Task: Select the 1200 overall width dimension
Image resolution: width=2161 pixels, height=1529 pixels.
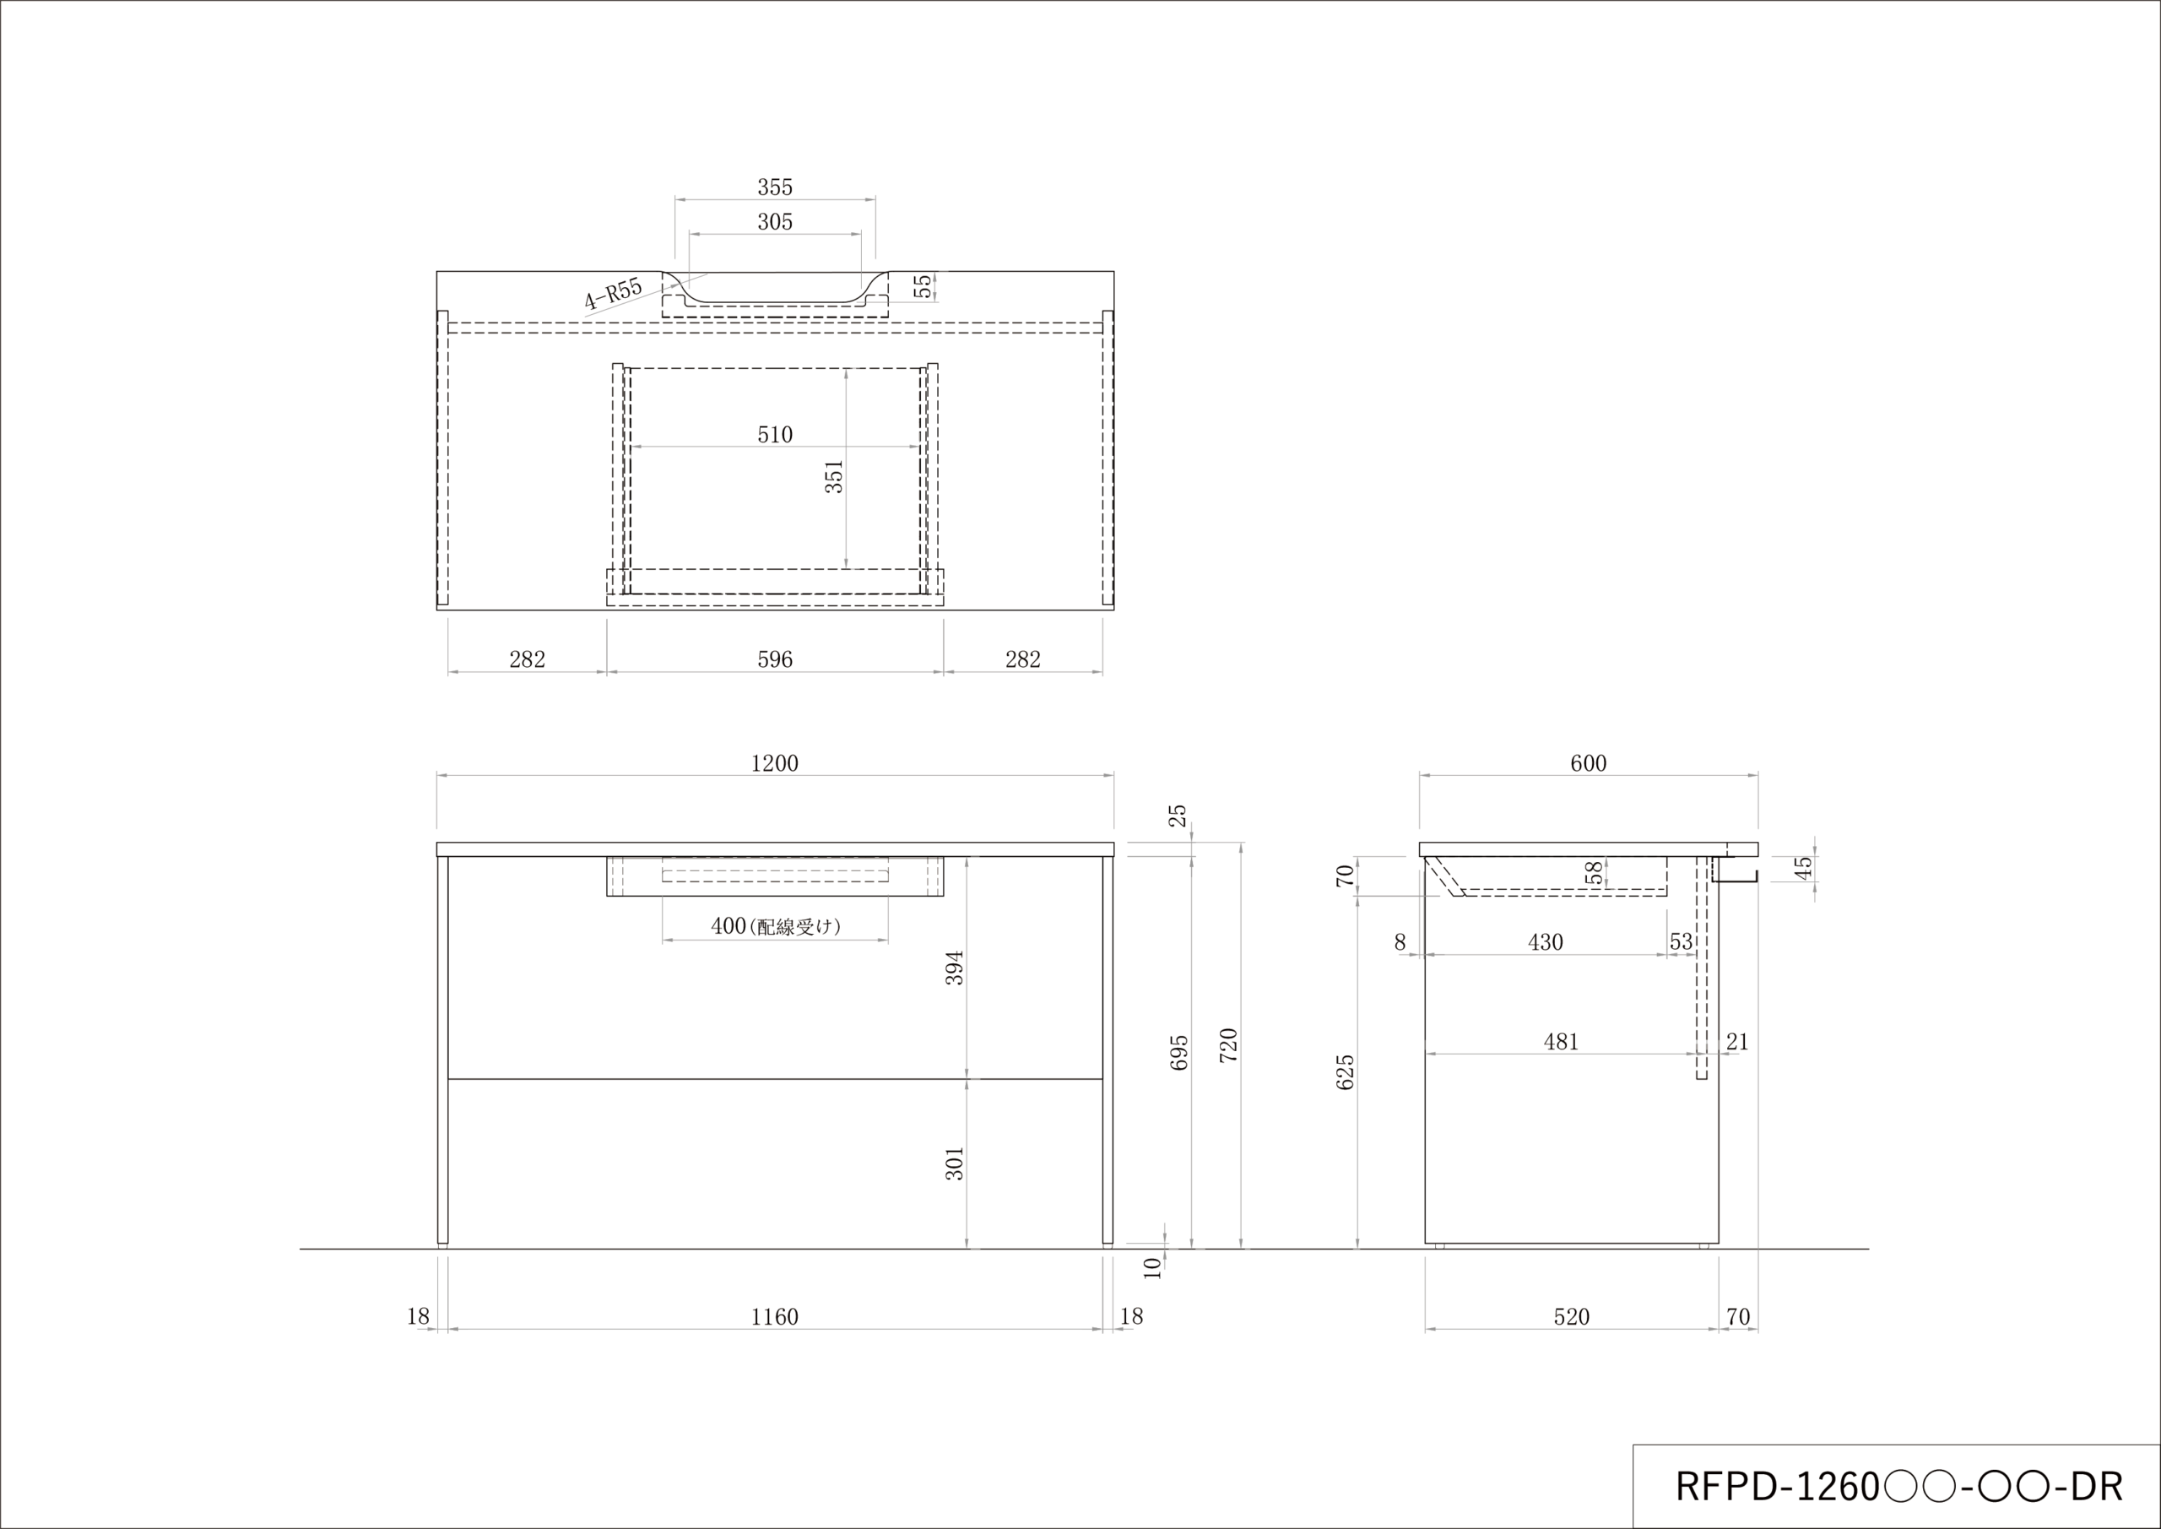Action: click(774, 763)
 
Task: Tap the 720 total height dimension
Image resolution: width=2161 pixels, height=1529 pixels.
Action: click(1228, 1046)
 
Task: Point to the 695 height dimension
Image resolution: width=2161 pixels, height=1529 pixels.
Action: click(1179, 1053)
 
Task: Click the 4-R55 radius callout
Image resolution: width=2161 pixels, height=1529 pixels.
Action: click(613, 294)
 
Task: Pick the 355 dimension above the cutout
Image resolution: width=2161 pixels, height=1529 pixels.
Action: click(775, 187)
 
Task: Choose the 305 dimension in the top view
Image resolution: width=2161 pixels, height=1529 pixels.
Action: click(775, 222)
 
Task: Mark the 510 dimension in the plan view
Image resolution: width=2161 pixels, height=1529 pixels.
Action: click(775, 435)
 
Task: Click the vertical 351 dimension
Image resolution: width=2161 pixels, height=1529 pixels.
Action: click(834, 476)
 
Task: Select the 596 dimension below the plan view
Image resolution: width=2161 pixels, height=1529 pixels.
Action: click(775, 660)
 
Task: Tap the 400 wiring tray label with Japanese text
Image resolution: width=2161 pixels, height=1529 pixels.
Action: click(775, 926)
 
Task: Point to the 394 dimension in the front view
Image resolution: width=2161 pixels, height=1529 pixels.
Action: click(955, 968)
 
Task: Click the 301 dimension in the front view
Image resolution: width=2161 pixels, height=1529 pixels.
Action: click(955, 1163)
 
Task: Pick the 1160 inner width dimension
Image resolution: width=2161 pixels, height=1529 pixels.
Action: click(774, 1317)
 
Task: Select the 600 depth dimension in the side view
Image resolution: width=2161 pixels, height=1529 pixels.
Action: click(1588, 763)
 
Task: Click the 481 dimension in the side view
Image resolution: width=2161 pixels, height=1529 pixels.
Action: click(1561, 1042)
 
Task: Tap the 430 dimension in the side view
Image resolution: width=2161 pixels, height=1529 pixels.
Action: click(1546, 942)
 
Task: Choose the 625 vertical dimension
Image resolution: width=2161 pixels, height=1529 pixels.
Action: click(1346, 1072)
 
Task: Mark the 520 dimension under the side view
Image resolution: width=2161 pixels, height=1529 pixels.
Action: click(1571, 1317)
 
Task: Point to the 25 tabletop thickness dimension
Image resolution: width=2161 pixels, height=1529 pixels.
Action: click(1178, 815)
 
